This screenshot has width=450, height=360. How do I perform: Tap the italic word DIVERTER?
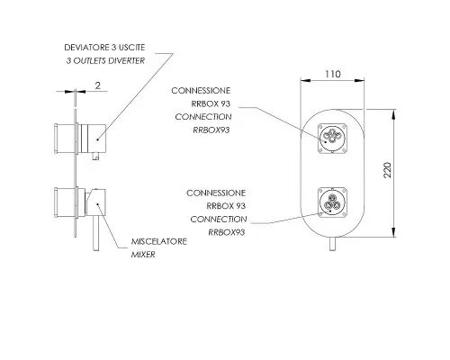coord(126,60)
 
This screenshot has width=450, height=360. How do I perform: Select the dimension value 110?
coord(333,74)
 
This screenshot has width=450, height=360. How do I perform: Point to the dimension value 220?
coord(388,170)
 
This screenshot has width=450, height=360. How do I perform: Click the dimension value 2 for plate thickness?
coord(98,85)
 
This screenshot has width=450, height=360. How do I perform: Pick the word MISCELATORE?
coord(159,241)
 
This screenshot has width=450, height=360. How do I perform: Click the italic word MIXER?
coord(143,255)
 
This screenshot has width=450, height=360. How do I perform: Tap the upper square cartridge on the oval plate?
coord(332,139)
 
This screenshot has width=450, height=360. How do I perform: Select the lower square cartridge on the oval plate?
coord(332,202)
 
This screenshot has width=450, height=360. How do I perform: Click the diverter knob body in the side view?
coord(92,139)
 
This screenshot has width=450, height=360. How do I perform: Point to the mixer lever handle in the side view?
coord(95,234)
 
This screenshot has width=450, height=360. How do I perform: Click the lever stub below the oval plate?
coord(332,244)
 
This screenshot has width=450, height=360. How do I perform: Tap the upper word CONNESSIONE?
coord(201,91)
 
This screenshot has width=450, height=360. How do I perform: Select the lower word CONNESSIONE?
coord(216,193)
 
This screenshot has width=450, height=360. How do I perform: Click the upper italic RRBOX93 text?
coord(211,130)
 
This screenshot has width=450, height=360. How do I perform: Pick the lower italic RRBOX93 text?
coord(227,232)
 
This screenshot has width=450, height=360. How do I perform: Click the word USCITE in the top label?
coord(132,48)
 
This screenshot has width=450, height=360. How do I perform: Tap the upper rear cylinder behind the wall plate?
coord(64,139)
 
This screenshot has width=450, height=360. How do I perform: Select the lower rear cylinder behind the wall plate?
coord(64,202)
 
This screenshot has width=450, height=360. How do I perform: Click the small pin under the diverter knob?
coord(95,157)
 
